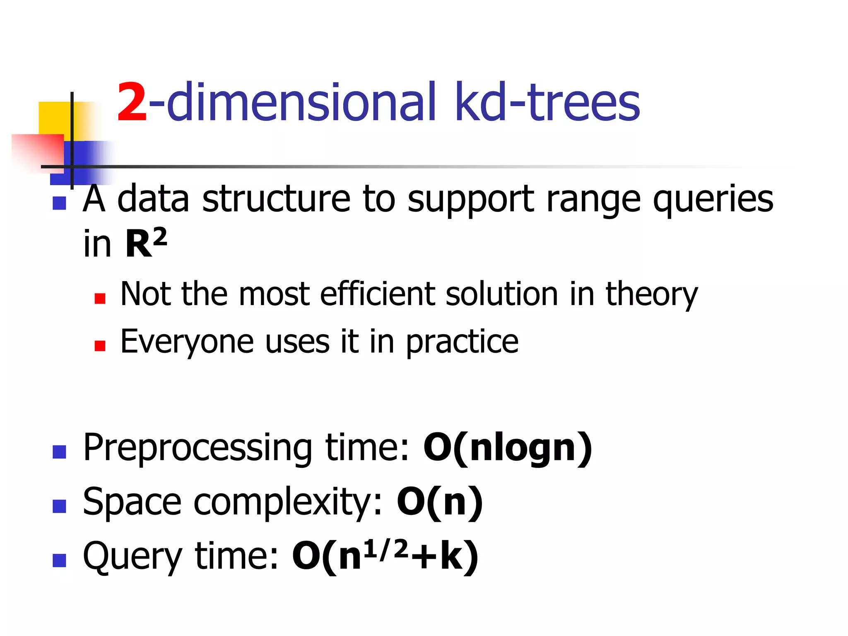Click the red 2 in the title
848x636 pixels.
click(132, 102)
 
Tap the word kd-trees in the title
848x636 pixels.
click(547, 102)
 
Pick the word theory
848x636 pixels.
click(652, 294)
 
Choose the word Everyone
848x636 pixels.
click(187, 342)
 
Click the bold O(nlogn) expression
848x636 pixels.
click(508, 448)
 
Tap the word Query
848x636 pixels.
click(132, 557)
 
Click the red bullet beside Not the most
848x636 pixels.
click(100, 298)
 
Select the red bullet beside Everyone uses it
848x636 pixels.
click(100, 346)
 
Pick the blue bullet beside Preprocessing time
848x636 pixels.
click(60, 452)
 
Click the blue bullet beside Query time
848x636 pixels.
click(60, 560)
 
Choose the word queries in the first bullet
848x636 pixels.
click(713, 199)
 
